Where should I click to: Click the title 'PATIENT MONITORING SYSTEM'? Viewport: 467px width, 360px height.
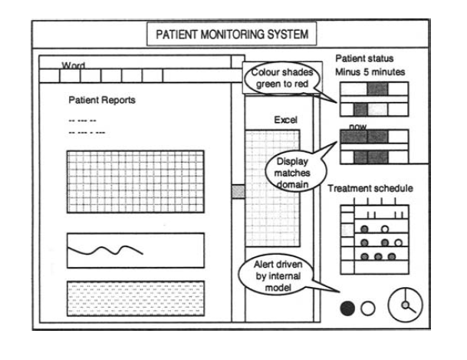pos(231,35)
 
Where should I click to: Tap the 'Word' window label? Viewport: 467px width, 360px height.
pos(74,66)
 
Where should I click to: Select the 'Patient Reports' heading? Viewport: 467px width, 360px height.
pos(102,101)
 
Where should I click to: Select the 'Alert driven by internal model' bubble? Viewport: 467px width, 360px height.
pos(281,275)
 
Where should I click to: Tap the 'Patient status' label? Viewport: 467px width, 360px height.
pos(364,59)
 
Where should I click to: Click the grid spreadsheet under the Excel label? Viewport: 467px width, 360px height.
pos(277,184)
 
